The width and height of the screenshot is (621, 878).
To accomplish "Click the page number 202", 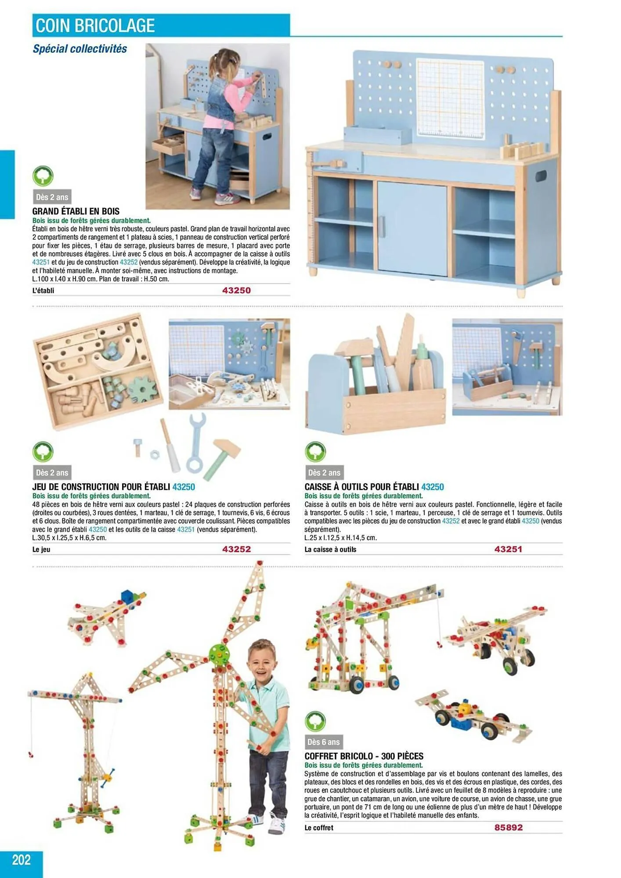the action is [21, 859].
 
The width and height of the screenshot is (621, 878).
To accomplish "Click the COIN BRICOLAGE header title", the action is [95, 25].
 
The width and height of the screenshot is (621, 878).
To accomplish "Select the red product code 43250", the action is [236, 290].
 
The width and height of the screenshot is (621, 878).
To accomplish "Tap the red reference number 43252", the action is [236, 549].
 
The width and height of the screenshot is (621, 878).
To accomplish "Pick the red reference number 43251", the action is [508, 549].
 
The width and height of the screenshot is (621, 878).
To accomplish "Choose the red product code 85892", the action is [508, 828].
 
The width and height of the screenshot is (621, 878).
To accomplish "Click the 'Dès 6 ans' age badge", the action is [324, 742].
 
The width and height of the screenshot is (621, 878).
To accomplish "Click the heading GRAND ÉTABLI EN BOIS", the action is [76, 211].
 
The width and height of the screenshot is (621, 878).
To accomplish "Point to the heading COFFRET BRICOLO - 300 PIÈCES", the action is [364, 756].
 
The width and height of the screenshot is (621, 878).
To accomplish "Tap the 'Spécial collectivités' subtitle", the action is [80, 49].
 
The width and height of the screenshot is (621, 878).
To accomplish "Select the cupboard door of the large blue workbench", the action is [412, 228].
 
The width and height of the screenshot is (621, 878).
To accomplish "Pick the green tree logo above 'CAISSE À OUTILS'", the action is [315, 452].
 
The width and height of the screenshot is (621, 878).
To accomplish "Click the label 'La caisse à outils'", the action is [330, 550].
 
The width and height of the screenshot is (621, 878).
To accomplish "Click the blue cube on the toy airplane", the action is [127, 597].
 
